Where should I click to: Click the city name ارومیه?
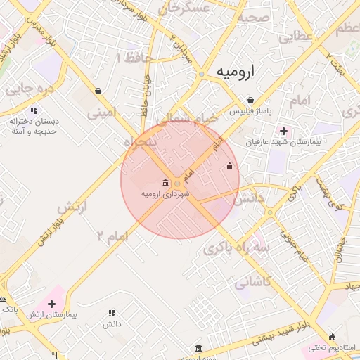236,72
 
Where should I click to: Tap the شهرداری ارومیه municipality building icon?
165,183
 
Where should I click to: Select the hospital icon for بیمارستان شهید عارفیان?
284,131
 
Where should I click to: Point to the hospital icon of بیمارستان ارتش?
53,304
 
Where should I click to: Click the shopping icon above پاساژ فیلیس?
250,100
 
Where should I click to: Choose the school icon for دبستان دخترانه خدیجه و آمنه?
34,110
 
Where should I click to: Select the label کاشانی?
252,283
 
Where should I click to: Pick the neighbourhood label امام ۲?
110,236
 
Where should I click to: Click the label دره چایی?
30,90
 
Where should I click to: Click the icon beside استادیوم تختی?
332,337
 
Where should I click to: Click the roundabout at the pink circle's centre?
179,184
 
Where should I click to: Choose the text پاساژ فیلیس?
248,112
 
